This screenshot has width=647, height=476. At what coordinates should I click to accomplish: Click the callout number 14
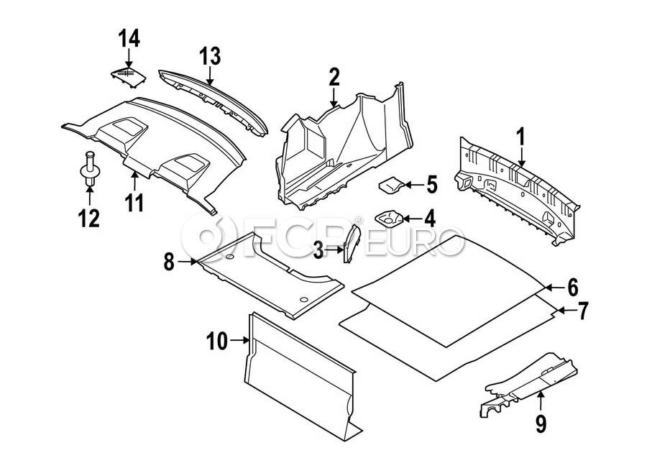click(129, 38)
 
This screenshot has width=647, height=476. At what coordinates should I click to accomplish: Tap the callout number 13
click(210, 56)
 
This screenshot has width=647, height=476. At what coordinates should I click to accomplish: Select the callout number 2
click(334, 77)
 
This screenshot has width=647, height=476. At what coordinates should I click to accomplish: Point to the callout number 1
click(521, 137)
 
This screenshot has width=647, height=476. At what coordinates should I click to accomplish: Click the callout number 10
click(217, 342)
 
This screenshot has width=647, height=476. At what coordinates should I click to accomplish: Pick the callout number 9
click(541, 424)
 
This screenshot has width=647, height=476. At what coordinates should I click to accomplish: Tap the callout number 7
click(583, 311)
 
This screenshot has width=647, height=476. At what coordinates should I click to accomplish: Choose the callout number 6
click(573, 288)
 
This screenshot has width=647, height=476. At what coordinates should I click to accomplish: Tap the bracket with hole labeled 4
click(388, 218)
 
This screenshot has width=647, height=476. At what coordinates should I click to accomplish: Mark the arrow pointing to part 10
click(239, 340)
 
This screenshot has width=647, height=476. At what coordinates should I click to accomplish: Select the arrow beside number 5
click(414, 185)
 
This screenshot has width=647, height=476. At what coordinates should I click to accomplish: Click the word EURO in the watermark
click(416, 241)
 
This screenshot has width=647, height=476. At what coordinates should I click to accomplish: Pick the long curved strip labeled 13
click(214, 101)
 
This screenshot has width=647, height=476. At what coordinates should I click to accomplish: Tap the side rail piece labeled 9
click(528, 384)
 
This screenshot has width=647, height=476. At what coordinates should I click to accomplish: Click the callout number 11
click(135, 203)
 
